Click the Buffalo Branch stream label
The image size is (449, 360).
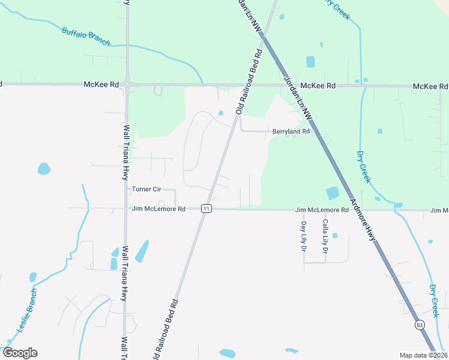(86, 36)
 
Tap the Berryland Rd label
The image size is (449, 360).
(291, 131)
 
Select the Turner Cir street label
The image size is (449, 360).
(146, 189)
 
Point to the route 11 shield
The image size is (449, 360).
(206, 209)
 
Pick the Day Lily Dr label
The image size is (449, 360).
(303, 236)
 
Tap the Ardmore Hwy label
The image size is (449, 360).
(363, 220)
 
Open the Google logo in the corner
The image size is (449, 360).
(20, 353)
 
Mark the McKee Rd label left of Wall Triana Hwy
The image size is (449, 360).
(101, 85)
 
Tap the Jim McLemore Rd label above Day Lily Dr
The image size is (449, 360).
(321, 210)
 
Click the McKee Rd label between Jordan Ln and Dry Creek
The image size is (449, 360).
(318, 86)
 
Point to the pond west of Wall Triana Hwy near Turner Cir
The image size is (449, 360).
(44, 169)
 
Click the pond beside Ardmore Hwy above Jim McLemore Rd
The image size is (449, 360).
(332, 193)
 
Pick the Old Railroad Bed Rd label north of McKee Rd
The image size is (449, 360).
(250, 81)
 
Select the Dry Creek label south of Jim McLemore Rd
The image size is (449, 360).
(434, 301)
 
